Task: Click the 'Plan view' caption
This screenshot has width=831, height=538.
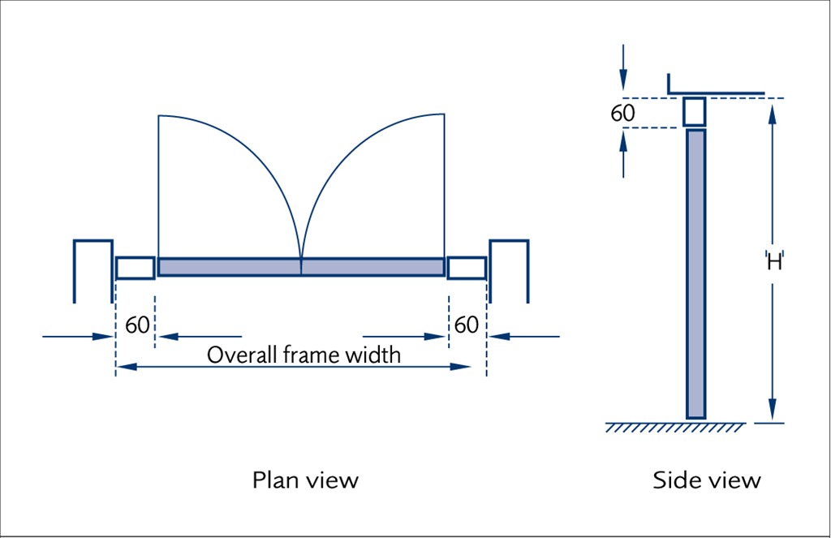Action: coord(304,480)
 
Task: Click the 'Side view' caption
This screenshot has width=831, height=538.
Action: coord(707,480)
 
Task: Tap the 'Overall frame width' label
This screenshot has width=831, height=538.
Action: coord(304,355)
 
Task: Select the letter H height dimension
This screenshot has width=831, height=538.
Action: coord(774,261)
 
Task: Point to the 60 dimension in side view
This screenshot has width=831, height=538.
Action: coord(622,113)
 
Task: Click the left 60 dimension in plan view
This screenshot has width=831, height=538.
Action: coord(137,325)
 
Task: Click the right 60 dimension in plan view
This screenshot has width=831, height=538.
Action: coord(466,325)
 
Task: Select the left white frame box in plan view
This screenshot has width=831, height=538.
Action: coord(135,268)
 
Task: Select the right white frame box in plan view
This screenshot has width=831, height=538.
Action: coord(467,268)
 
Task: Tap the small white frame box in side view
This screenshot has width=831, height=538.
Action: coord(694,111)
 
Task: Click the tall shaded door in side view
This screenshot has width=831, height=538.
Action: coord(695,273)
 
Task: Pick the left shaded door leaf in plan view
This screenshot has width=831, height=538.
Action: coord(230,267)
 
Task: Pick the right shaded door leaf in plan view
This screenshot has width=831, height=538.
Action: coord(372,267)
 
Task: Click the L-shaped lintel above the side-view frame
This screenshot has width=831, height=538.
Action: coord(714,92)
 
